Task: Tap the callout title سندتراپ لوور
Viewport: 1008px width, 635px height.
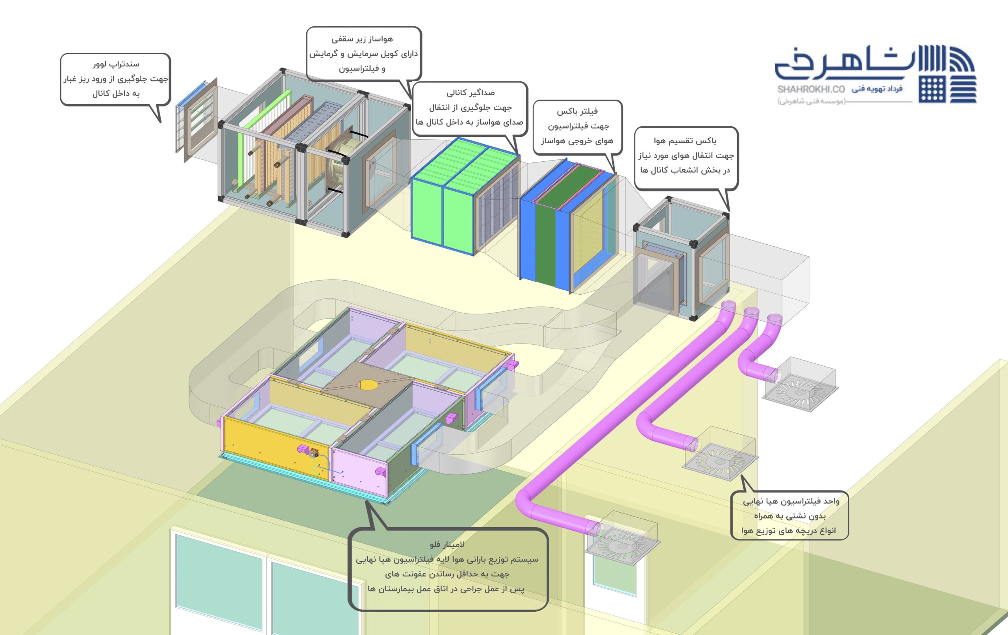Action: (116, 64)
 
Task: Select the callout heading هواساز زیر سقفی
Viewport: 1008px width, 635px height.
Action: (362, 39)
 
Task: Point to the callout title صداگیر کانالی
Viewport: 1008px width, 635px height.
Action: (471, 92)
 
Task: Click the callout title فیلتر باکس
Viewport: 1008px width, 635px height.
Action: (577, 111)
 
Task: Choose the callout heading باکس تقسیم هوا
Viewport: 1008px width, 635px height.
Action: (685, 140)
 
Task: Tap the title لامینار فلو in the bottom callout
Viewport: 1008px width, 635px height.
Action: (447, 544)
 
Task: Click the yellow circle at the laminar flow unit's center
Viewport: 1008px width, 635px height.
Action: (367, 385)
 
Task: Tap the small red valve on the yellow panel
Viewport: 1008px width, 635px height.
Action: (313, 452)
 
